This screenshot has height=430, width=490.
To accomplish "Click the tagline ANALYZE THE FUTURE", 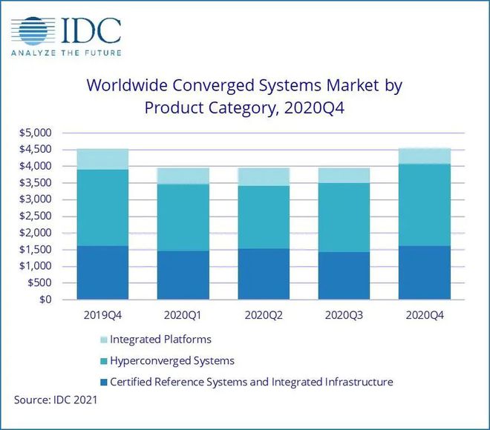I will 66,53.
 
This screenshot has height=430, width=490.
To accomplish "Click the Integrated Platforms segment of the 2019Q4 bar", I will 102,159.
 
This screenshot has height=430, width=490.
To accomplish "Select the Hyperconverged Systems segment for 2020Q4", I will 423,205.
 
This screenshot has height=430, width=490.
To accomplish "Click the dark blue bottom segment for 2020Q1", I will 183,275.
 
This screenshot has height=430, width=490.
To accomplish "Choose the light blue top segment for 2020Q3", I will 343,175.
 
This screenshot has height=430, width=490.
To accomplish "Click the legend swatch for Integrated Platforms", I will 103,340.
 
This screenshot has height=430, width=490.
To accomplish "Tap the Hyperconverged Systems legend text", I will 171,361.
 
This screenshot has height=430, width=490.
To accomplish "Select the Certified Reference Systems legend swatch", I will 103,383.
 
